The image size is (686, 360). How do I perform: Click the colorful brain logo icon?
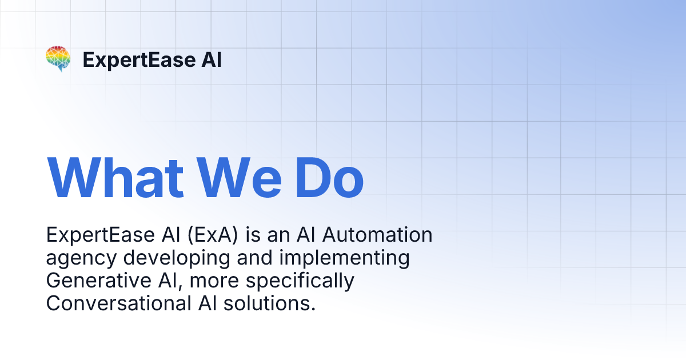tap(58, 59)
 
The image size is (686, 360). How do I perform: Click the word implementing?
tap(344, 259)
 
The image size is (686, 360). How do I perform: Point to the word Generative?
tap(94, 281)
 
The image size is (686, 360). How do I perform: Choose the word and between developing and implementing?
tap(254, 259)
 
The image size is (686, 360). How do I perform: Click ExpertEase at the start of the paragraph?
tap(91, 235)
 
